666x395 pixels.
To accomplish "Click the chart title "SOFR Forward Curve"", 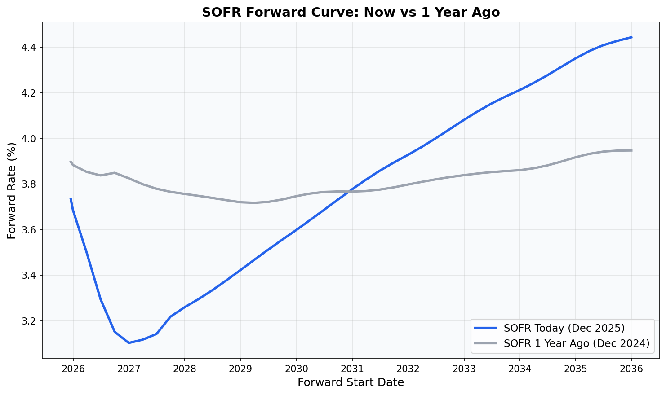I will (x=351, y=12).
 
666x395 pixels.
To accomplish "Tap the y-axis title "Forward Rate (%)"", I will (x=12, y=190).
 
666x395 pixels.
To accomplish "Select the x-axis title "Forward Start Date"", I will (x=351, y=382).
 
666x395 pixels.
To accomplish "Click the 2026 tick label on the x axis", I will (x=73, y=369).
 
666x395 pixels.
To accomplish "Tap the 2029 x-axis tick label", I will (x=240, y=369).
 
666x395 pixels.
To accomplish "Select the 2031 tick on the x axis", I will (x=352, y=369).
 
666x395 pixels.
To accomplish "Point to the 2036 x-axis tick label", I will (x=631, y=369).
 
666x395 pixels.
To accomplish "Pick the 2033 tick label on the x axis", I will (x=464, y=369).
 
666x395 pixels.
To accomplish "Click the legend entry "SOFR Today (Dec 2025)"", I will (x=564, y=328).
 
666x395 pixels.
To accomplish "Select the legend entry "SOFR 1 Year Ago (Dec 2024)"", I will (x=577, y=343).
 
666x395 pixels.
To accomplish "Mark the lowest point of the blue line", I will (x=129, y=343).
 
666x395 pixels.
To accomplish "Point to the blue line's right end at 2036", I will (x=631, y=37).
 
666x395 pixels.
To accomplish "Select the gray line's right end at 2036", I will (x=631, y=150).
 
